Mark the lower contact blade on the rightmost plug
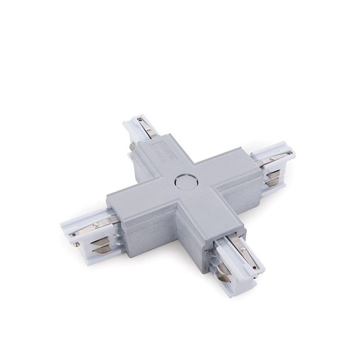pyautogui.click(x=272, y=182)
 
